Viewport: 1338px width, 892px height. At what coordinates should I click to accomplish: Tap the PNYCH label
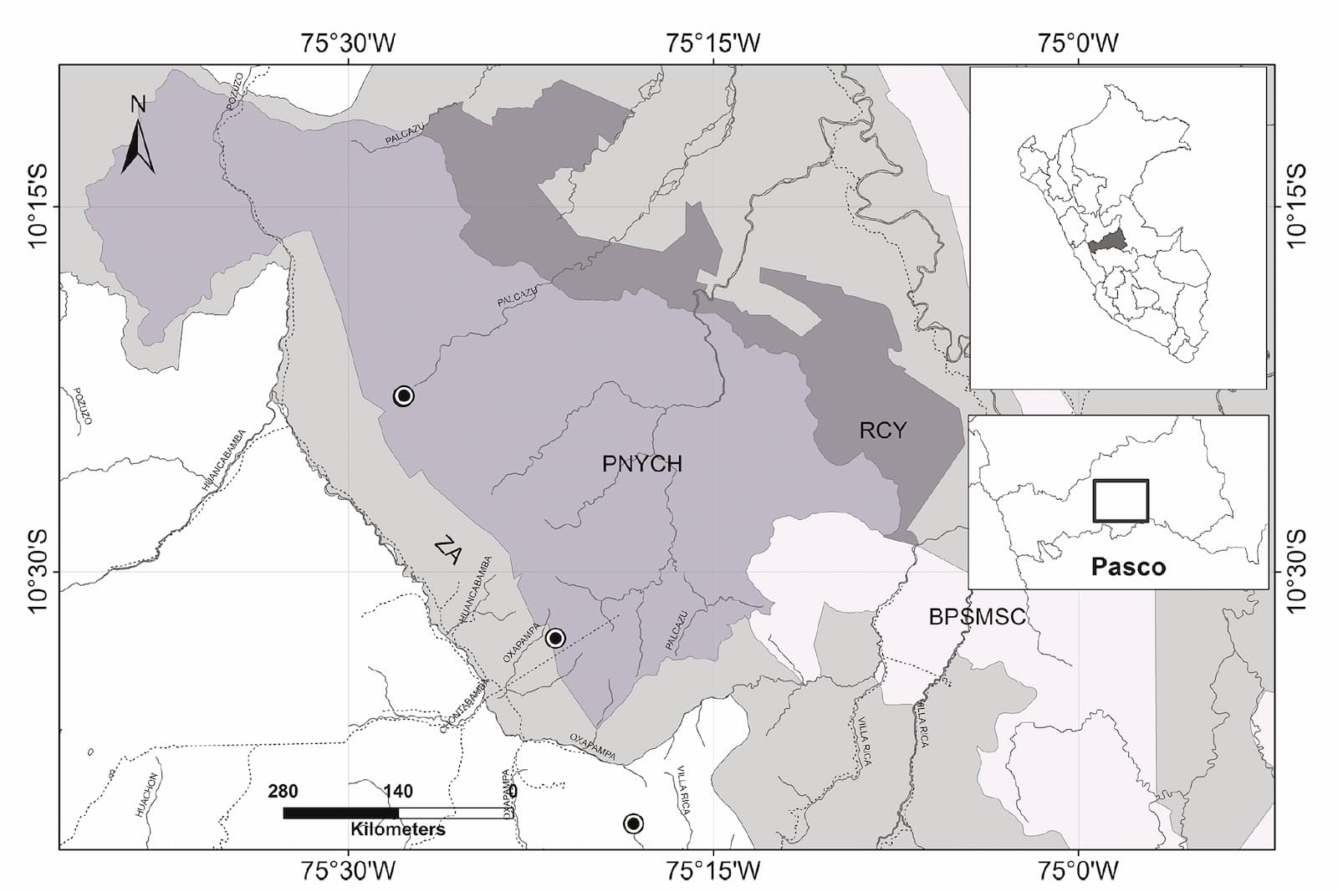pos(641,463)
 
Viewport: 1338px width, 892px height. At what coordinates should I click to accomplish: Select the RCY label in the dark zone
pos(882,430)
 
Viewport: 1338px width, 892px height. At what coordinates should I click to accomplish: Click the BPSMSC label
pos(977,617)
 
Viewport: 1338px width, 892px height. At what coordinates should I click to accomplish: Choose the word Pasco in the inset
pos(1128,567)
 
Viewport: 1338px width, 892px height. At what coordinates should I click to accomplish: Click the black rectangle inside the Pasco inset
pos(1121,501)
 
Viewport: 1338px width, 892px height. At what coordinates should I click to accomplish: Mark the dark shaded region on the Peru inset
pos(1108,242)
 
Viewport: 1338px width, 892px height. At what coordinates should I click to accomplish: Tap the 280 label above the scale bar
pos(283,791)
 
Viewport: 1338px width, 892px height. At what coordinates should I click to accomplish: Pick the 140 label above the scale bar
pos(398,791)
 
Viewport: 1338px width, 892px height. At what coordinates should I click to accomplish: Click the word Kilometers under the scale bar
pos(398,829)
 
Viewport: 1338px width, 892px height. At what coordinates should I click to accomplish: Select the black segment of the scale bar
pos(340,813)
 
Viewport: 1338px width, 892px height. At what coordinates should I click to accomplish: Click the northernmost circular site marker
pos(404,395)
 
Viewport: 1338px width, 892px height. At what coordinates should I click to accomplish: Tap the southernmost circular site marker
pos(633,823)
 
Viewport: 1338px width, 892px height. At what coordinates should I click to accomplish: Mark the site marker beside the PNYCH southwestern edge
pos(555,639)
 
